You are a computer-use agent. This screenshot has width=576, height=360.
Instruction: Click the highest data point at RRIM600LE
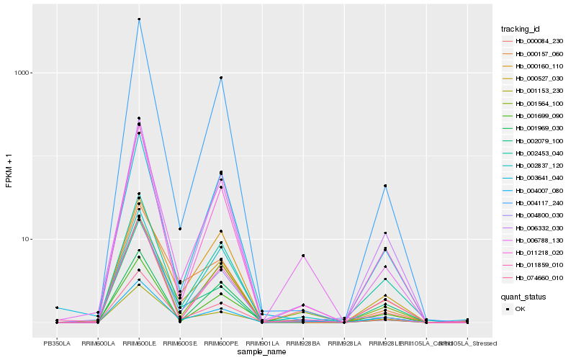coord(139,19)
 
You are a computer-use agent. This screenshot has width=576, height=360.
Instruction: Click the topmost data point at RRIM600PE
coord(221,78)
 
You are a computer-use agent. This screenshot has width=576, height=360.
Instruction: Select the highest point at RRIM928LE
coord(386,186)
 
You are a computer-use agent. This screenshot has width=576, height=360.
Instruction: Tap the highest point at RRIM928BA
coord(304,256)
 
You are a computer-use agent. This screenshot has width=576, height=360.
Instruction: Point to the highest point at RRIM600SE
coord(180,228)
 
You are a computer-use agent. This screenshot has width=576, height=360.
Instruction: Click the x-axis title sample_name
coord(262,352)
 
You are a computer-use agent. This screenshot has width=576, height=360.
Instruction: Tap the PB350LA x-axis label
coord(57,343)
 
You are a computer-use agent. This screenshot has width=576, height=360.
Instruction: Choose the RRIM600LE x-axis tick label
coord(139,343)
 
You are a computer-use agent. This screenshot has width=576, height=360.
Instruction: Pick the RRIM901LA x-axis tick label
coord(262,343)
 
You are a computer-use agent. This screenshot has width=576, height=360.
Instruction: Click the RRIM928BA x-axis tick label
coord(304,343)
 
